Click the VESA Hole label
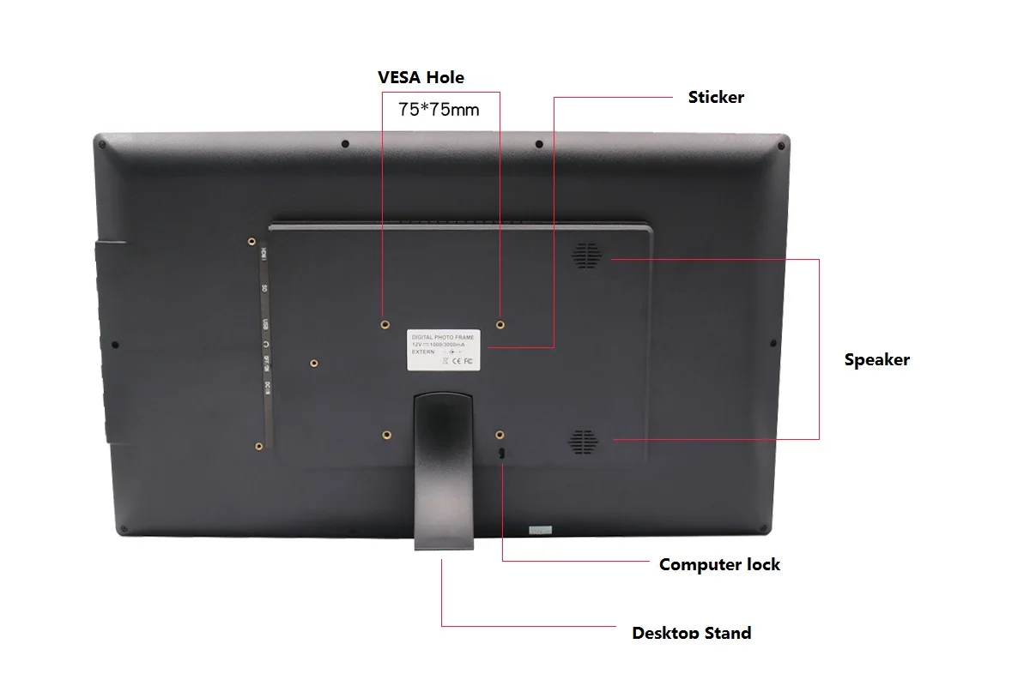(x=421, y=77)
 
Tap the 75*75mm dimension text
(x=439, y=110)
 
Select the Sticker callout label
(x=716, y=97)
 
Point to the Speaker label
(x=876, y=359)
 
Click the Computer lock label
(x=719, y=564)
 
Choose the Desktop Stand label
(x=691, y=633)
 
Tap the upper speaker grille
(x=588, y=254)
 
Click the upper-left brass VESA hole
(x=385, y=324)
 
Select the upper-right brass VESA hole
(x=500, y=324)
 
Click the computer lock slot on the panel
(x=502, y=452)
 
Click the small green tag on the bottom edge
(x=541, y=529)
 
